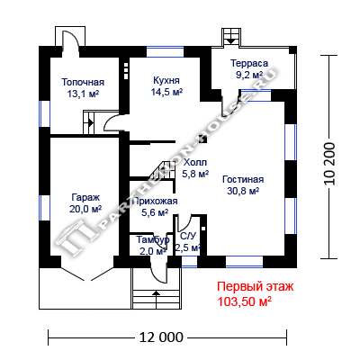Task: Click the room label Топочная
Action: pos(83,82)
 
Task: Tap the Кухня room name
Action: pos(166,80)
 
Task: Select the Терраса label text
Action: pos(249,63)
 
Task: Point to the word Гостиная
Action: pos(243,179)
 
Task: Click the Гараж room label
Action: pos(85,198)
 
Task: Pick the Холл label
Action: pos(195,163)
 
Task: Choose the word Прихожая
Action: pos(155,201)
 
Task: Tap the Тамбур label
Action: pos(153,240)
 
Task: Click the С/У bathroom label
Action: pos(188,237)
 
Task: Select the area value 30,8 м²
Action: pos(243,191)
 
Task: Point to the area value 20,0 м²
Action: pos(85,209)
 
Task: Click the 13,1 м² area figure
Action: pos(83,94)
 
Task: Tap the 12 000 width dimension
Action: pos(161,337)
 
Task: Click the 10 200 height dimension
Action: pos(329,164)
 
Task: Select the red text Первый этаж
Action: pos(256,286)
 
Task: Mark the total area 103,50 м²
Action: pos(245,301)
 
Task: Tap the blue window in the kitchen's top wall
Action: pos(165,52)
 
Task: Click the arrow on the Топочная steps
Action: pos(90,122)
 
